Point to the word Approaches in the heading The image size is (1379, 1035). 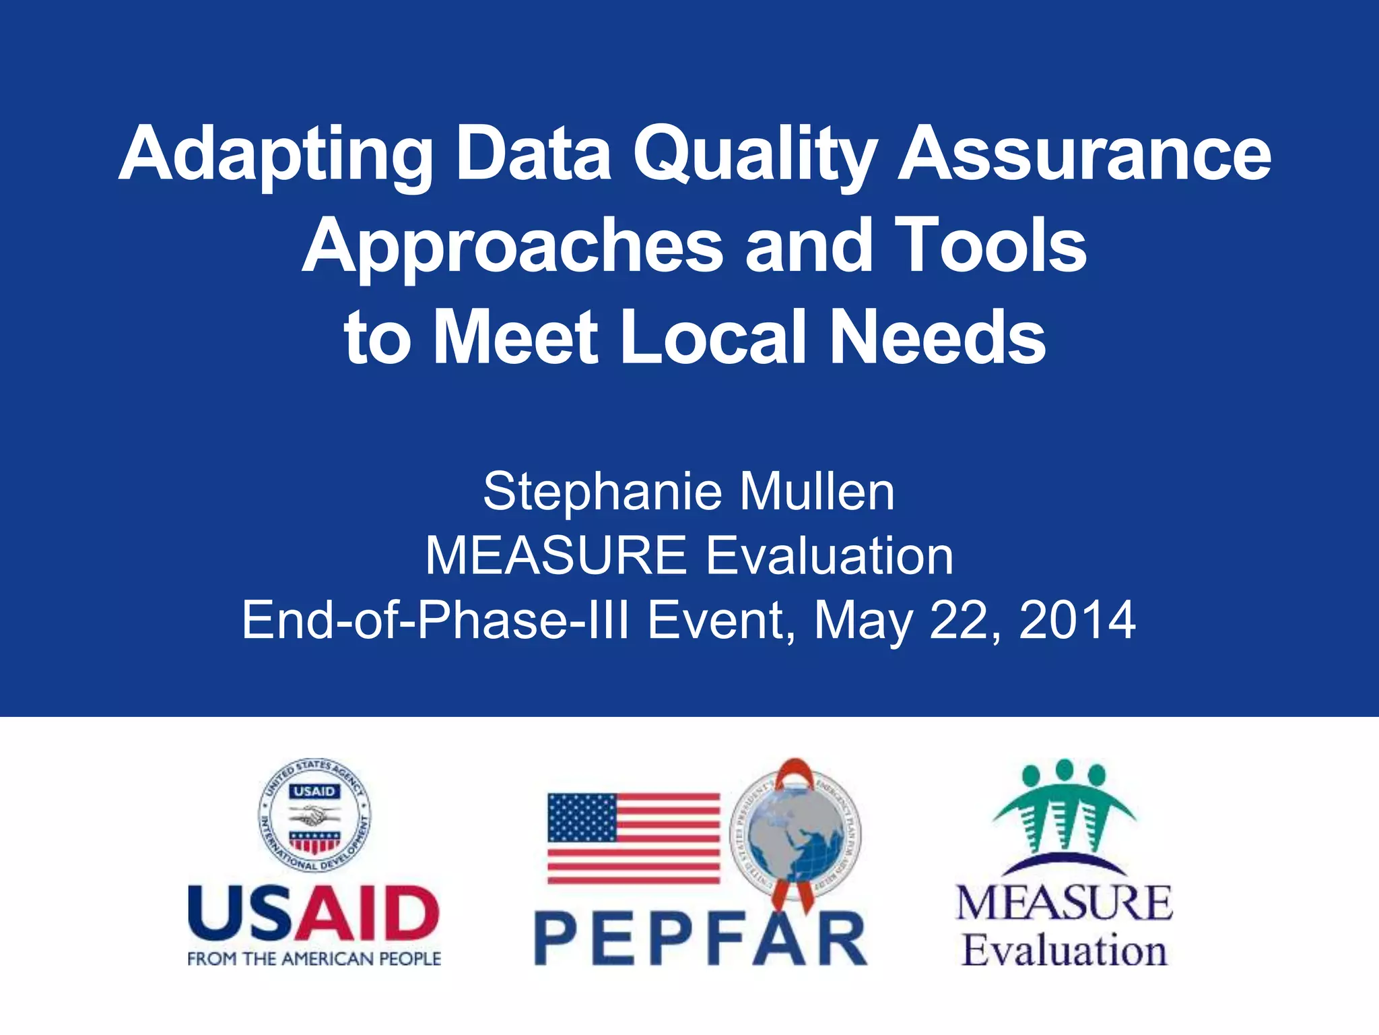tap(512, 247)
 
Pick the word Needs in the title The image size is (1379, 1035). tap(938, 337)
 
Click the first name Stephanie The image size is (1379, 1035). tap(603, 492)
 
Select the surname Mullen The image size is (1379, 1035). tap(817, 492)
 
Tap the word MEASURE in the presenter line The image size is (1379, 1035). tap(556, 556)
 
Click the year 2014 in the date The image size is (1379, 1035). tap(1077, 620)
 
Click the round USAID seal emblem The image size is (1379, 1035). tap(314, 816)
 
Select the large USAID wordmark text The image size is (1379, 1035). tap(314, 914)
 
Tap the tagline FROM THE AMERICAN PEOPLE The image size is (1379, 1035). tap(314, 959)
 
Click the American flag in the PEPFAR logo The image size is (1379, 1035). tap(634, 838)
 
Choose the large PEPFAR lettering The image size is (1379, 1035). tap(700, 939)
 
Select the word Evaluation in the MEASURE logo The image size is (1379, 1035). tap(1064, 951)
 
